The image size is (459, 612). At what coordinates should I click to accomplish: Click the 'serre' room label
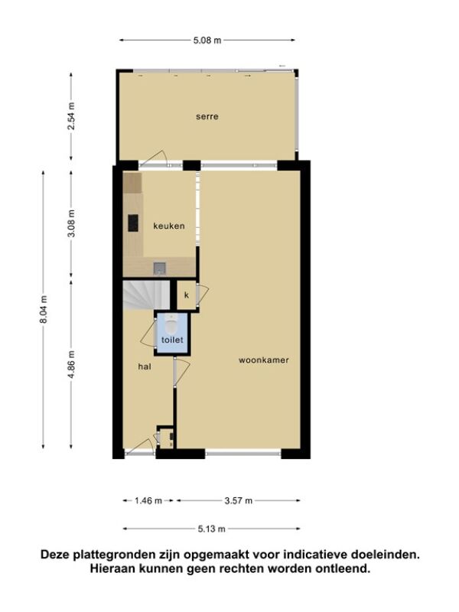point(207,116)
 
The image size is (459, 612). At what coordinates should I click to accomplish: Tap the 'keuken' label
point(169,226)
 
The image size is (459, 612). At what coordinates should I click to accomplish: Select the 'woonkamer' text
point(264,360)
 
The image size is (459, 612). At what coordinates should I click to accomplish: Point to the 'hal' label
point(145,366)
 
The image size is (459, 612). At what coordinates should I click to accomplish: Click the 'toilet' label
point(172,340)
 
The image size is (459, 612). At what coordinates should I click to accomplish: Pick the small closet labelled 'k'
point(187,295)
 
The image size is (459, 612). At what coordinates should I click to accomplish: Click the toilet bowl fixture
point(171,323)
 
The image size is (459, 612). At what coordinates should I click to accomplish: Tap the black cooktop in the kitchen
point(133,223)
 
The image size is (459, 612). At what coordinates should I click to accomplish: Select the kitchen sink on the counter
point(160,268)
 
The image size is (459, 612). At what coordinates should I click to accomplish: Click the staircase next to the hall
point(147,295)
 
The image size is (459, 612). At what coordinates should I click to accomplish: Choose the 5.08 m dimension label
point(207,41)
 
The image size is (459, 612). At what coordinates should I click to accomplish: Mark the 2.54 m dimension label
point(71,116)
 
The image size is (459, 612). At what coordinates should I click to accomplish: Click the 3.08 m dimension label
point(71,223)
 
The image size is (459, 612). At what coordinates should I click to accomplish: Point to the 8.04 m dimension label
point(44,309)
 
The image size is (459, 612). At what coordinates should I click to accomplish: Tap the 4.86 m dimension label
point(71,365)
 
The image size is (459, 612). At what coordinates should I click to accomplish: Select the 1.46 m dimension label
point(148,501)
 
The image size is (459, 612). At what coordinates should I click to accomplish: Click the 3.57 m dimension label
point(239,501)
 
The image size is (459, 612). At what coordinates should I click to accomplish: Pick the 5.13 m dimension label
point(212,529)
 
